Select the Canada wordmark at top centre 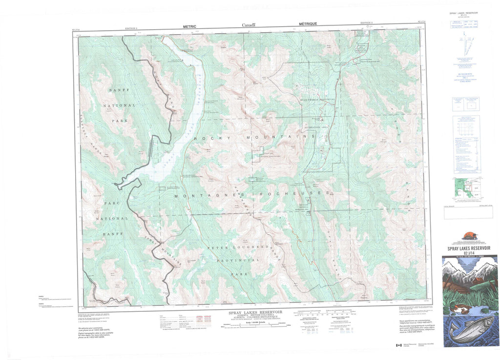point(249,24)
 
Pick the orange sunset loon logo point(467,238)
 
